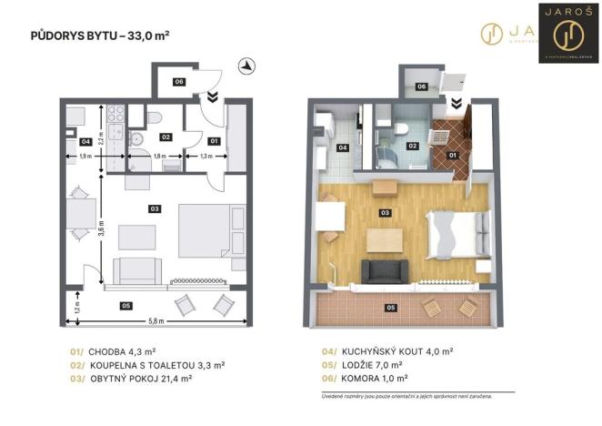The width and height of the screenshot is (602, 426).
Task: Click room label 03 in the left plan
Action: coord(156,209)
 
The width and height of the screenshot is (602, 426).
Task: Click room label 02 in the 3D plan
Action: coord(412,146)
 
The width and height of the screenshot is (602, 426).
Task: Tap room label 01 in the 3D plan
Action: coord(452,154)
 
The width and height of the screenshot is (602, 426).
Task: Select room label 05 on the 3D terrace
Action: coord(391,308)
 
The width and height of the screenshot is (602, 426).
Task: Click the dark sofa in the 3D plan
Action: coord(384,270)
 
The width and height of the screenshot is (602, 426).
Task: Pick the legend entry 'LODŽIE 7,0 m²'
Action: coord(373,364)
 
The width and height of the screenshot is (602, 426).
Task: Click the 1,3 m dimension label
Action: coord(206,157)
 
